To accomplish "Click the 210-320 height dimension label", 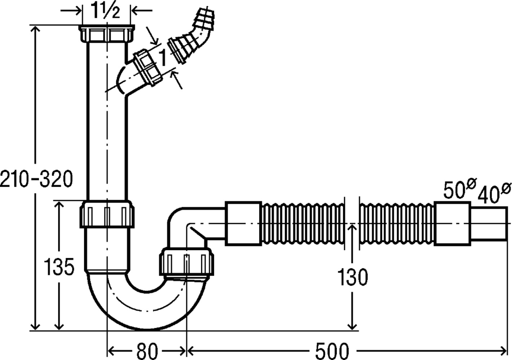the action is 36,179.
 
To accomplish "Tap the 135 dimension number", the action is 59,266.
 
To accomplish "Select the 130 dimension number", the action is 352,277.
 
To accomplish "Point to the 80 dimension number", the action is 147,351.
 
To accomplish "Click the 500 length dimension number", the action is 332,351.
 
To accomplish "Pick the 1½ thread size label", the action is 106,10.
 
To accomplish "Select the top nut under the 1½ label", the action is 107,33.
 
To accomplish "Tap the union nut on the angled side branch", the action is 147,67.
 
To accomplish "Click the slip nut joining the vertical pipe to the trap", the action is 107,214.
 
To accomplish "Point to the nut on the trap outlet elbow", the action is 187,263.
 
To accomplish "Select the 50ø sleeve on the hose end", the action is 452,224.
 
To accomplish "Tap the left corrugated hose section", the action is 303,224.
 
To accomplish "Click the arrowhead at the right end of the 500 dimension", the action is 503,351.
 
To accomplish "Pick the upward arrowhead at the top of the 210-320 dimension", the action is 35,29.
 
